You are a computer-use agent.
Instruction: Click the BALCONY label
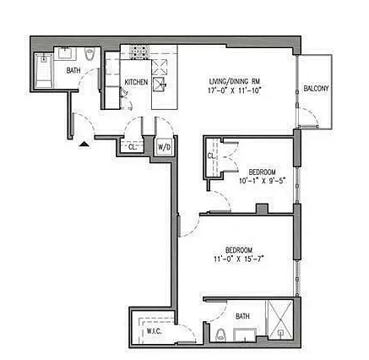[x=316, y=89]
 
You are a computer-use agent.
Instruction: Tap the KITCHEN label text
[x=136, y=83]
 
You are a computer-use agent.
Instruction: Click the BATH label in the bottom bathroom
[x=242, y=317]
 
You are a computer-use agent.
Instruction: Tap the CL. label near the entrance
[x=132, y=148]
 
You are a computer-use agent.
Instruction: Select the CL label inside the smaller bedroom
[x=211, y=155]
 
